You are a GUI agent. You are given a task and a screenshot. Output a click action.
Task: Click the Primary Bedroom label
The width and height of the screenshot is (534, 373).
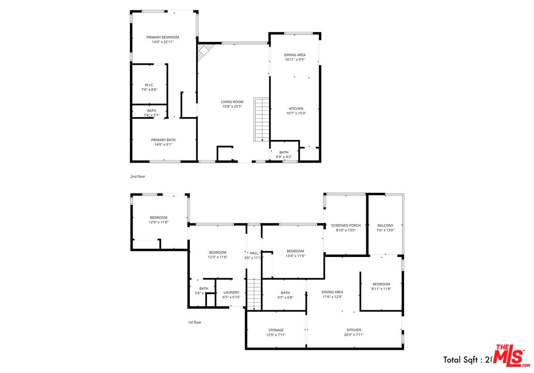(162, 40)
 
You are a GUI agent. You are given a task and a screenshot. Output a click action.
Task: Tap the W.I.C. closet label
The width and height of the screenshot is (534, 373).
(149, 87)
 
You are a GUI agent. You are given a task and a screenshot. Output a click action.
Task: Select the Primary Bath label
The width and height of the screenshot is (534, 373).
(163, 142)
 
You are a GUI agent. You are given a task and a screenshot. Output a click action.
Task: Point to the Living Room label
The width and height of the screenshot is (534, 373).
(232, 104)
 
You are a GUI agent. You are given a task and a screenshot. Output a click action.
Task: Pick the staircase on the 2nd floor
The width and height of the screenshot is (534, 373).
(262, 119)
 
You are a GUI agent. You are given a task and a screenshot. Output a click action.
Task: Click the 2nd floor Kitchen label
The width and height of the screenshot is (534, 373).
(296, 111)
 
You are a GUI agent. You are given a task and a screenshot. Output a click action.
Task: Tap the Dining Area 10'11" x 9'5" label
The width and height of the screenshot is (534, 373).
(294, 57)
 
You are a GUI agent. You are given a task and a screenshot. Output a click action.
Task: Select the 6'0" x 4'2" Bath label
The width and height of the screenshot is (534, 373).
(284, 154)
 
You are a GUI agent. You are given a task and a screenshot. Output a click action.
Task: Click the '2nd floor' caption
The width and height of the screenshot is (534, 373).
(138, 177)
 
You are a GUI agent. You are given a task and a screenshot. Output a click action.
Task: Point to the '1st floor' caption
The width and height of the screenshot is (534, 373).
(195, 322)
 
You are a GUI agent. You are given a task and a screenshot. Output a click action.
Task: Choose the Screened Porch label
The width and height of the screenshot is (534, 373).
(346, 228)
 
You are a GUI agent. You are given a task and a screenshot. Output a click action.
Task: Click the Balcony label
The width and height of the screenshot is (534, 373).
(385, 228)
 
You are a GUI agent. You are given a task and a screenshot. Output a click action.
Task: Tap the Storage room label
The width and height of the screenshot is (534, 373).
(276, 332)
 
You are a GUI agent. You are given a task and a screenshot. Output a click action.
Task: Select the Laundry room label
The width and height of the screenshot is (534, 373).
(231, 295)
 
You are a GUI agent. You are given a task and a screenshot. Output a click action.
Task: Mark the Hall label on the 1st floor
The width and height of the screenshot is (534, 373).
(254, 255)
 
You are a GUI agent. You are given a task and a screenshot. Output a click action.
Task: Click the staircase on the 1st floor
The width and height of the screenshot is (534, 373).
(253, 294)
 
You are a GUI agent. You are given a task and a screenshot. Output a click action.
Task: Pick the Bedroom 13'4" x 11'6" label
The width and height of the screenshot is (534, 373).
(295, 253)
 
